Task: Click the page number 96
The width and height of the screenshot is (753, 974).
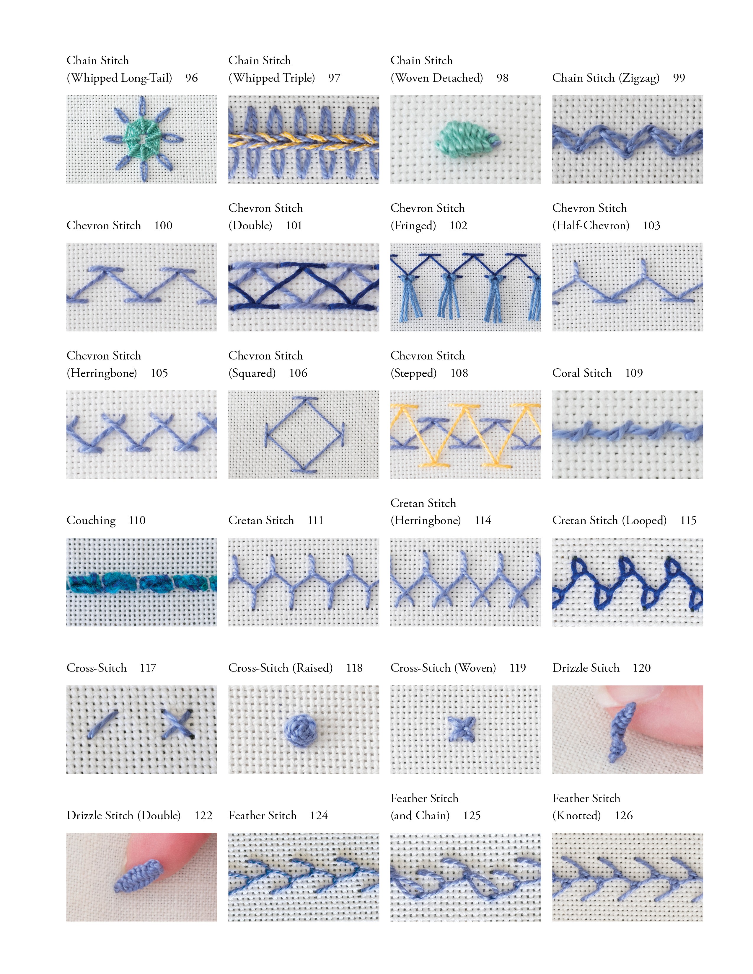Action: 191,78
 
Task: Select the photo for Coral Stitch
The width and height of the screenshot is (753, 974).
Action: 627,434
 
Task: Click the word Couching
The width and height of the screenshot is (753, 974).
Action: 91,520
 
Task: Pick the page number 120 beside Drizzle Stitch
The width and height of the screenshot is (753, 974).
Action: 641,668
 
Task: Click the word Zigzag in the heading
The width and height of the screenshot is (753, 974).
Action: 639,78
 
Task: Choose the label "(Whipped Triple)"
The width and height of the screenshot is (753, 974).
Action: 272,78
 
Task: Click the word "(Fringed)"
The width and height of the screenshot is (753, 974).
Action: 413,226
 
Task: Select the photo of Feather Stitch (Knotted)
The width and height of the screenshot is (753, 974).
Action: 627,877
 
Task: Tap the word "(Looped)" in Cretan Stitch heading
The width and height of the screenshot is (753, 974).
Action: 645,520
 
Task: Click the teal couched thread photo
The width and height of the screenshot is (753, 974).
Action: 141,582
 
